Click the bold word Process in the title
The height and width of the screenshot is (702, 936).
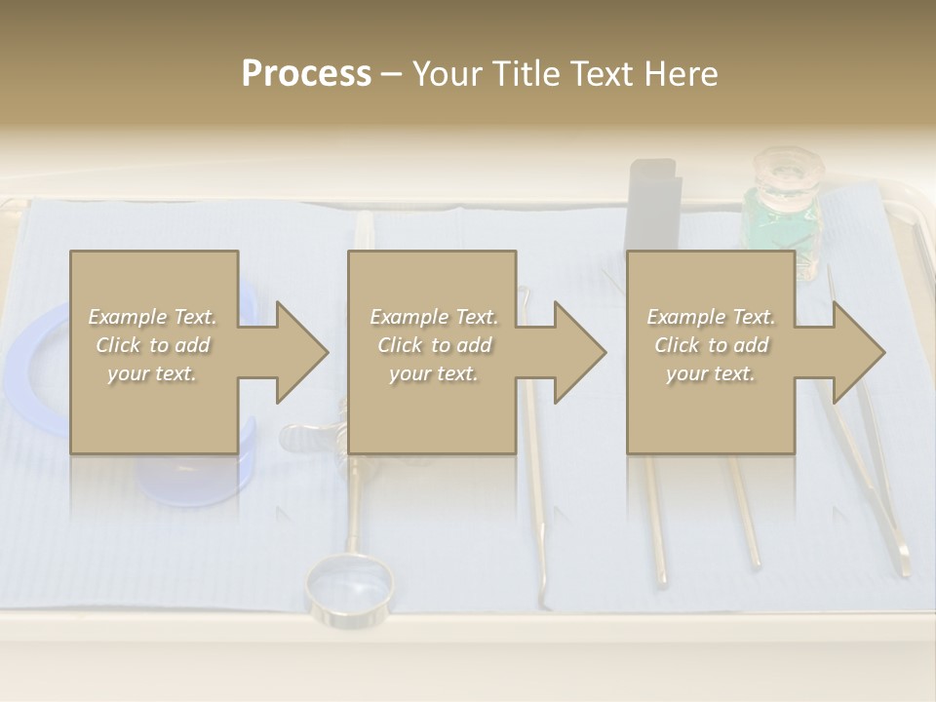pyautogui.click(x=306, y=74)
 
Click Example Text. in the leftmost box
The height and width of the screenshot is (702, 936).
pyautogui.click(x=152, y=317)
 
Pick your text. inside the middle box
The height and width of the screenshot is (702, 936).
pyautogui.click(x=433, y=373)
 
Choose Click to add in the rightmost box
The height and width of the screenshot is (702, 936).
pyautogui.click(x=711, y=345)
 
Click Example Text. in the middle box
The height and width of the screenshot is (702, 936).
pyautogui.click(x=433, y=317)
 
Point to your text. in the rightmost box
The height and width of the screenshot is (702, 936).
pyautogui.click(x=711, y=373)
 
